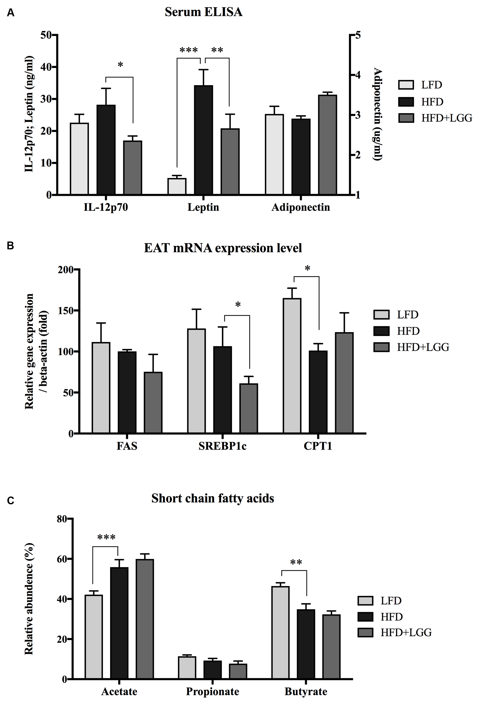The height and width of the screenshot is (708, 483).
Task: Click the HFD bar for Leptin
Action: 203,140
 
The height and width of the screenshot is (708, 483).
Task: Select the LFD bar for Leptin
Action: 177,186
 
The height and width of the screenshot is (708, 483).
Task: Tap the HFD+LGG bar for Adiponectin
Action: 327,145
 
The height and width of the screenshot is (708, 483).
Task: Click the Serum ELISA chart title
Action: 204,12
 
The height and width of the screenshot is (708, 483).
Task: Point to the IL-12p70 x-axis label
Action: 106,207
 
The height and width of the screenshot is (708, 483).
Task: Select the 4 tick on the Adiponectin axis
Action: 358,75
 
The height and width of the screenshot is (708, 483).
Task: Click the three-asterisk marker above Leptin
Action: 189,50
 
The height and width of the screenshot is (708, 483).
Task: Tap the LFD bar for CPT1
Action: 292,365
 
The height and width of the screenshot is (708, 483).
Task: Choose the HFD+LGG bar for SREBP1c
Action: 249,408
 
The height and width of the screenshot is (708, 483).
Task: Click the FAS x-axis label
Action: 127,446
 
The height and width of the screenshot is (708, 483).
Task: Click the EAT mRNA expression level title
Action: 223,248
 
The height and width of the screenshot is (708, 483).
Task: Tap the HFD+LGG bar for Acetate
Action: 144,619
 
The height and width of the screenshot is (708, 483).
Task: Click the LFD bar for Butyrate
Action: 280,632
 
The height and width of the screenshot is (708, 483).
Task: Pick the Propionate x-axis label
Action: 212,691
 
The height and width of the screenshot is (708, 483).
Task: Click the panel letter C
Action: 11,501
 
